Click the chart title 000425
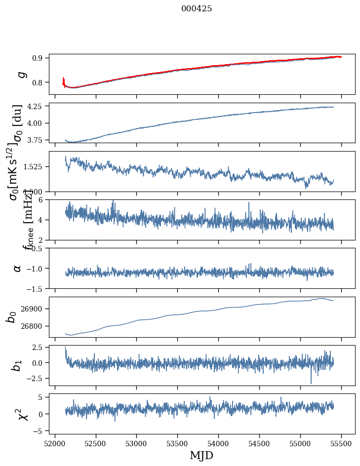[x=197, y=9]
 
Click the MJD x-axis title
[x=201, y=455]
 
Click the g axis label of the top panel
[x=21, y=74]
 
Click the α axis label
[x=18, y=268]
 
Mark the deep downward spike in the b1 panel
[x=311, y=382]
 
